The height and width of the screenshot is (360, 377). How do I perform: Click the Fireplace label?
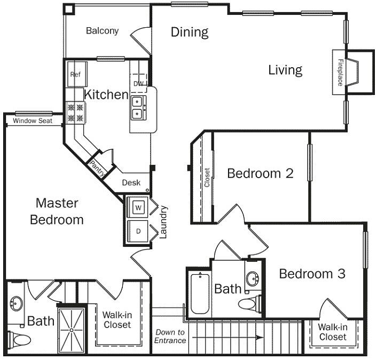[340, 73]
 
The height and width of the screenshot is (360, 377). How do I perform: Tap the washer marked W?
[138, 207]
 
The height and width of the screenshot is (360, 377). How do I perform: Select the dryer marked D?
[138, 231]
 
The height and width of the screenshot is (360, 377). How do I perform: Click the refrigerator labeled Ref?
[77, 74]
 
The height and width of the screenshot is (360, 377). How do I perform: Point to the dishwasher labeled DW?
[138, 83]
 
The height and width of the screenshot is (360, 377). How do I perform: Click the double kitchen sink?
[138, 108]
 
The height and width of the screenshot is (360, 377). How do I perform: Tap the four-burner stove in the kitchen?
[76, 113]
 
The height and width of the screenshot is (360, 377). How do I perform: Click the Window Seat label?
[33, 121]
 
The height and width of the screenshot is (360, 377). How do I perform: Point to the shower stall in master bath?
[72, 330]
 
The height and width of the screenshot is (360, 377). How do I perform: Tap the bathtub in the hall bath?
[200, 293]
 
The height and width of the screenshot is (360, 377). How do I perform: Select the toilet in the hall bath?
[249, 303]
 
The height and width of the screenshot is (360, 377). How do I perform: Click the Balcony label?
[103, 31]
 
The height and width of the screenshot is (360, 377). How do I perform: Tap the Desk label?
[131, 183]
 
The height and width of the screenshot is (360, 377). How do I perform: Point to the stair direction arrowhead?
[260, 338]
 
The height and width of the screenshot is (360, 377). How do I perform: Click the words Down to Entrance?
[170, 336]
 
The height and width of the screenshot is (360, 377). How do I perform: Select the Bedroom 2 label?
[261, 173]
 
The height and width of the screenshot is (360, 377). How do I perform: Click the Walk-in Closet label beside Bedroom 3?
[333, 332]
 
